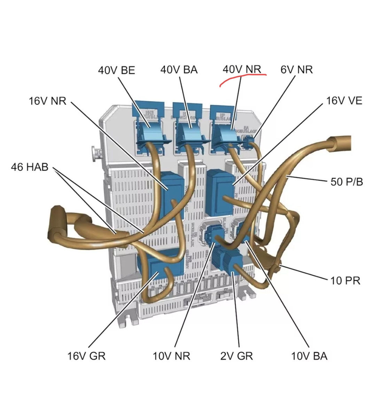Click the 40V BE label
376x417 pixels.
coord(116,70)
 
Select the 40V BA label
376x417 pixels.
coord(179,70)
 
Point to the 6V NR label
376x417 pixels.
coord(296,70)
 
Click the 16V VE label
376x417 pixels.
coord(344,101)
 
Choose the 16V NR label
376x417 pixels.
coord(47,101)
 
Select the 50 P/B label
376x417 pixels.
coord(346,181)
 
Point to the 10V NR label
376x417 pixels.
coord(171,356)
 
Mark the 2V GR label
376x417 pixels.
coord(236,356)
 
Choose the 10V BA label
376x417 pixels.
coord(309,356)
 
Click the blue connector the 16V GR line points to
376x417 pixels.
coord(159,266)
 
